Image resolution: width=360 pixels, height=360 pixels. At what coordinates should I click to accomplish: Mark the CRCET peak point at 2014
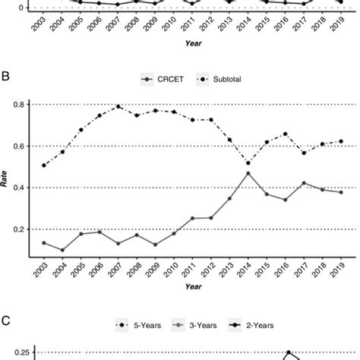248,173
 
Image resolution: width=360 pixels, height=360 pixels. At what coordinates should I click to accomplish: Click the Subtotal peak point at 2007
118,106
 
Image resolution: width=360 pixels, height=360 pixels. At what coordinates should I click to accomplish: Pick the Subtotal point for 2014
248,163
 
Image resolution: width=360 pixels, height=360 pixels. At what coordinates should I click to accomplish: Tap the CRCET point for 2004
62,250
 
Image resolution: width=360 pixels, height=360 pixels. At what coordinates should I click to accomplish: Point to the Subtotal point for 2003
44,165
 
